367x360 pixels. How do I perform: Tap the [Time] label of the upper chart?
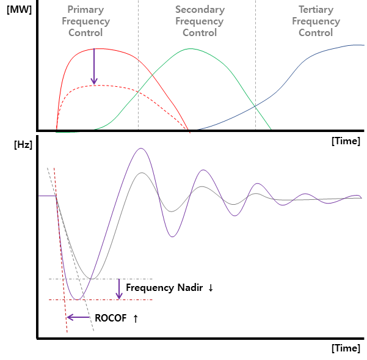point(346,141)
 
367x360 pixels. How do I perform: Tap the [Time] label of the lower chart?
point(346,348)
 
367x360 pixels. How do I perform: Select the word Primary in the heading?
point(85,10)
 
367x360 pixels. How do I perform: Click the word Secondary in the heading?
point(199,10)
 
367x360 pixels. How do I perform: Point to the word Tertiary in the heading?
point(316,10)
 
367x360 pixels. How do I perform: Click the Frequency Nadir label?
point(164,287)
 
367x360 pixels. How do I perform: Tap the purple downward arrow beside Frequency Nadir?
point(118,289)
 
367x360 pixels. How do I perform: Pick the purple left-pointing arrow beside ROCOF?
point(78,317)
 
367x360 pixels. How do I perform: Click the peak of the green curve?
point(191,49)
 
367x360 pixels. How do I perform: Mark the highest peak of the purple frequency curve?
point(142,148)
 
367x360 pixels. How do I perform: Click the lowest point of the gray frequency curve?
point(91,279)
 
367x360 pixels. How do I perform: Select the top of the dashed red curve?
point(98,85)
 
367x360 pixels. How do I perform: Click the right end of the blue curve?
point(363,45)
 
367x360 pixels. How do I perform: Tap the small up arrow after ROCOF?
point(135,318)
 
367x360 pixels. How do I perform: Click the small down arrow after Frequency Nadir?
point(211,287)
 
